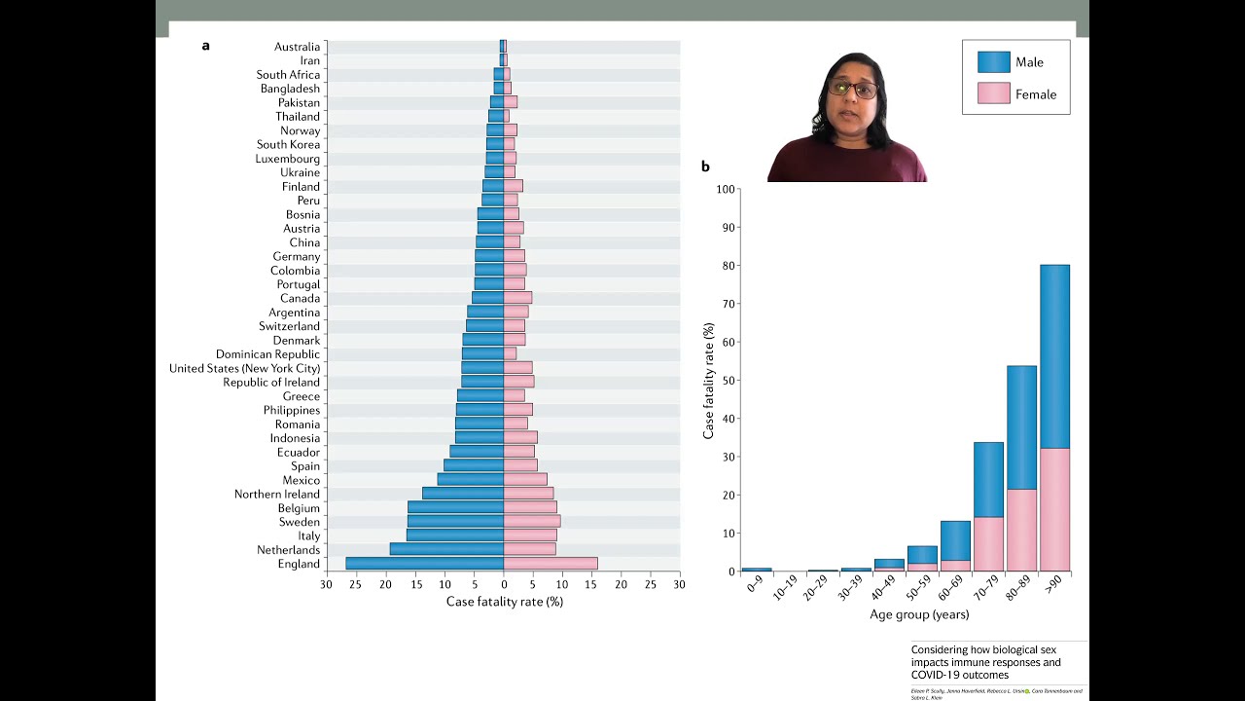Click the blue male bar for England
click(424, 564)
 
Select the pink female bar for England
click(551, 564)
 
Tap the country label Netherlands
click(288, 550)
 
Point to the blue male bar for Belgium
click(455, 507)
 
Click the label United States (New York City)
click(244, 368)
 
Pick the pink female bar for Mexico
click(525, 480)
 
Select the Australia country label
click(297, 47)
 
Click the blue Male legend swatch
click(994, 62)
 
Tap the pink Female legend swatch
click(994, 94)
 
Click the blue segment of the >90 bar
click(1054, 356)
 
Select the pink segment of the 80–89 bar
click(1021, 530)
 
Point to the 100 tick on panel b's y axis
click(726, 189)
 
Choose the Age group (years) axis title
click(919, 614)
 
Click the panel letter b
click(705, 166)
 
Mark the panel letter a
click(205, 46)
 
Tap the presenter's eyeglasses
click(853, 90)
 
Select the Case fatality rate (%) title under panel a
click(504, 602)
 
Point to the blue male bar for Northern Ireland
click(463, 494)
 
